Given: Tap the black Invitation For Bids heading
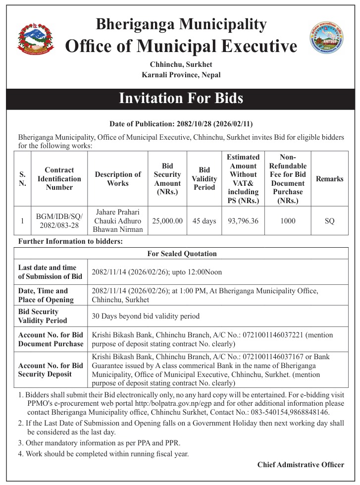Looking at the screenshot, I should click(x=180, y=98).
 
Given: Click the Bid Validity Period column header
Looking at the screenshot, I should click(x=205, y=178).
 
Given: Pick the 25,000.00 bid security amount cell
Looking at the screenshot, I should click(x=167, y=221).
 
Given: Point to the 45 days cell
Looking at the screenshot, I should click(x=205, y=221).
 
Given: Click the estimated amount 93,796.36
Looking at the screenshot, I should click(x=243, y=221).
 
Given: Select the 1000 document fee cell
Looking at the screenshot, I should click(x=288, y=221).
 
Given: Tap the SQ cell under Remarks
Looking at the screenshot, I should click(x=329, y=221).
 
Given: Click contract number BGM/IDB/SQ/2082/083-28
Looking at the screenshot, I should click(x=59, y=221).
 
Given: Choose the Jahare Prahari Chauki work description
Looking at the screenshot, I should click(x=118, y=221).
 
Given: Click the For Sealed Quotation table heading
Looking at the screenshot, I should click(x=182, y=254).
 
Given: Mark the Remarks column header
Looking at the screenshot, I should click(x=329, y=179).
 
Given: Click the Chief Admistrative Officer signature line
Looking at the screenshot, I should click(x=301, y=465).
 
